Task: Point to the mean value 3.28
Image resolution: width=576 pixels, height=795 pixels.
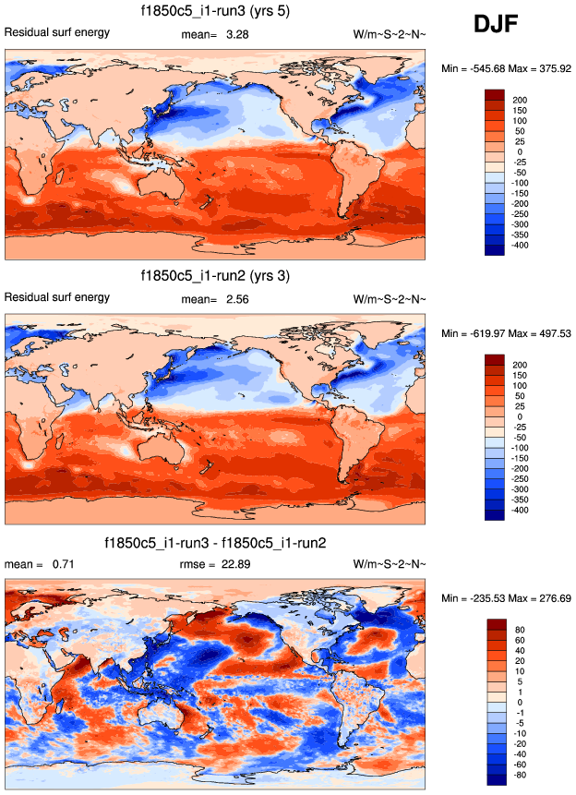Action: (x=237, y=34)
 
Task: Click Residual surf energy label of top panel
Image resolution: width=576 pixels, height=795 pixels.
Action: (x=57, y=33)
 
